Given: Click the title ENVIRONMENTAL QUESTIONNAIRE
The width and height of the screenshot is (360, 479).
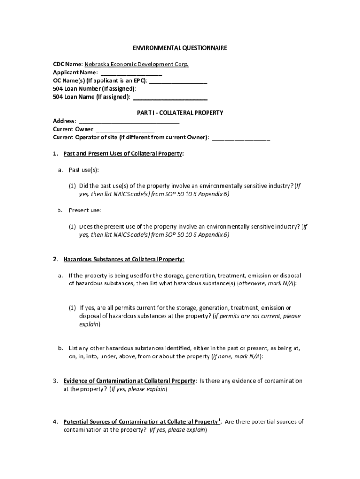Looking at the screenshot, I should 180,48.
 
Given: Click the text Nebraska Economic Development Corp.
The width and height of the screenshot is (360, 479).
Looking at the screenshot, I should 137,65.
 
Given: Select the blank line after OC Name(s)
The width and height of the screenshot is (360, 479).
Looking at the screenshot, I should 178,81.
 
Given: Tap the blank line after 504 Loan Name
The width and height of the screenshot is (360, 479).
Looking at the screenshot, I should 170,97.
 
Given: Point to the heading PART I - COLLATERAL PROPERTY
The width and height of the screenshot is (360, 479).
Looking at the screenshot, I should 180,113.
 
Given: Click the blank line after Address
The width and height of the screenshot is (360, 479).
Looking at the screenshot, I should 129,122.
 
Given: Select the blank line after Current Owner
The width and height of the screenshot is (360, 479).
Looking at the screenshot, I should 125,130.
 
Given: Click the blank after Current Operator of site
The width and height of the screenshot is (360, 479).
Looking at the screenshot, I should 241,138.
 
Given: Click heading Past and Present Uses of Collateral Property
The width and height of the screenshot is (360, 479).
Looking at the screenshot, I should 123,154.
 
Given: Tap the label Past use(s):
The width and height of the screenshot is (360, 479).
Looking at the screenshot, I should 84,170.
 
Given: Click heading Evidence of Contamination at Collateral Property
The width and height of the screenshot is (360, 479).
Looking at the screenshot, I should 130,381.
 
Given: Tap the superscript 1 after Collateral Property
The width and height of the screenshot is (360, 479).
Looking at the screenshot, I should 219,420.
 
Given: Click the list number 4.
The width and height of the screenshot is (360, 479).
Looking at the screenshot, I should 55,422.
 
